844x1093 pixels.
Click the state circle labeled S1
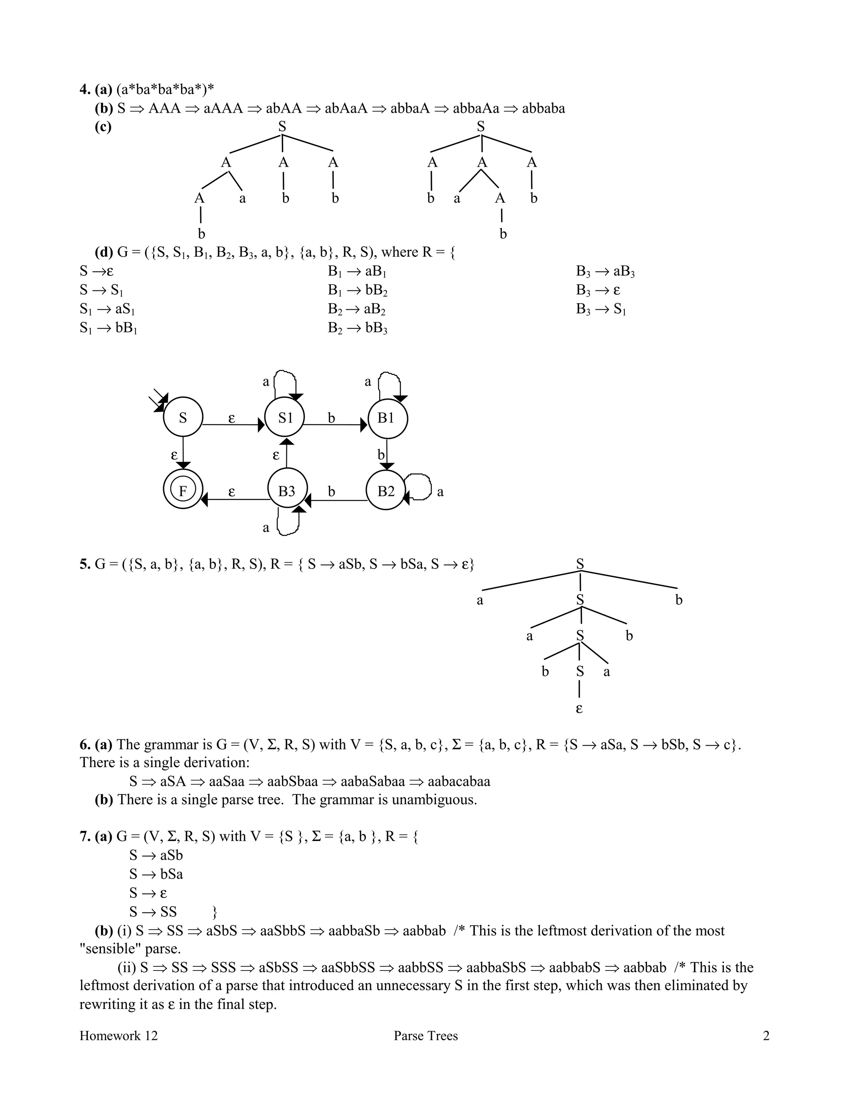pos(284,417)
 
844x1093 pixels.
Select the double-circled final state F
pos(183,490)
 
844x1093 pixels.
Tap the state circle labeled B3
pos(286,490)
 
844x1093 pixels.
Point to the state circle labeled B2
pos(385,490)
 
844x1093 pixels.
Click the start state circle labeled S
pos(183,417)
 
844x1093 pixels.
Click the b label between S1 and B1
pos(331,417)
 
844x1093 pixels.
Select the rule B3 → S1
pos(601,309)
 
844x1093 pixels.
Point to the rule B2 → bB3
pos(357,328)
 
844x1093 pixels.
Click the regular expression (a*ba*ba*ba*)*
pos(166,90)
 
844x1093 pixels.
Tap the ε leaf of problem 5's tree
pos(579,709)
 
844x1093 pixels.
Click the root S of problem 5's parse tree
pos(580,564)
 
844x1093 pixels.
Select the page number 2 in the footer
pos(766,1035)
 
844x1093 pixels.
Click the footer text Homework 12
pos(119,1035)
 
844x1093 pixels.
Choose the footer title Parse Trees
pos(425,1035)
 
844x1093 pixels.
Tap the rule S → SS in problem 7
pos(153,911)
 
